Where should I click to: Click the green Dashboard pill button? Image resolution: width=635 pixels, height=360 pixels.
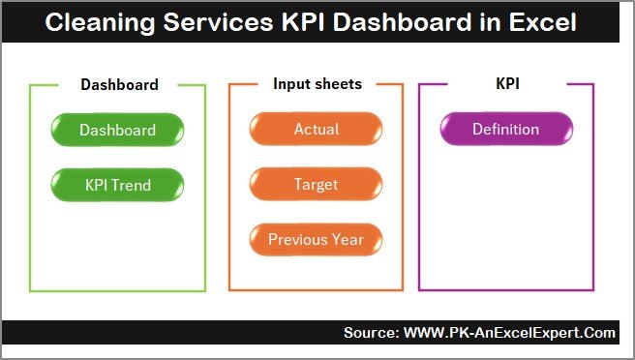coord(117,130)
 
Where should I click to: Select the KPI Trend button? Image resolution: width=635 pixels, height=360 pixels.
coord(117,184)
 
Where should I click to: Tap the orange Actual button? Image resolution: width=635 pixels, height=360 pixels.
coord(316,130)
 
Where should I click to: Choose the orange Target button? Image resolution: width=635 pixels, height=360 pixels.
coord(316,184)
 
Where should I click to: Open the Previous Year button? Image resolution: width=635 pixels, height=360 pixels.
coord(316,239)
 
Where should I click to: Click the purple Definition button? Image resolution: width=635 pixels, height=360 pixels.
coord(505,130)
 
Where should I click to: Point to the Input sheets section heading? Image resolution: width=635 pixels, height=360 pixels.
coord(317,84)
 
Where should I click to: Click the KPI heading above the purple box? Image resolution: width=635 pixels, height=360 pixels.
coord(506,84)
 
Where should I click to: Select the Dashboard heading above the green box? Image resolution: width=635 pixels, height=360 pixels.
coord(118,84)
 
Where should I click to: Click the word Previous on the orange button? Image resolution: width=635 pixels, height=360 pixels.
coord(298,239)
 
